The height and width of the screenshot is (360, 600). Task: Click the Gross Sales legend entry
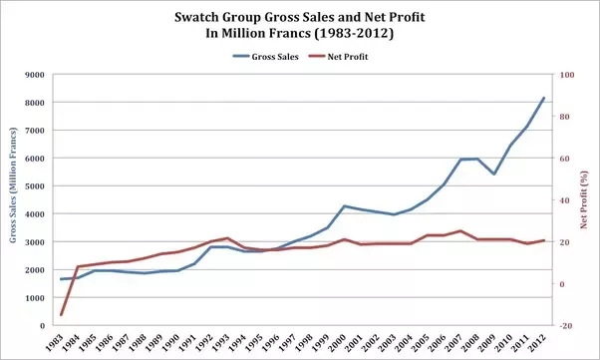tap(257, 58)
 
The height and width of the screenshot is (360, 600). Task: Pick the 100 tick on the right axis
tap(566, 75)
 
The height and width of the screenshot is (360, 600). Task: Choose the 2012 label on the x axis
tap(541, 343)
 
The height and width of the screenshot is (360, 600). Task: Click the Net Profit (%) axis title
tap(586, 199)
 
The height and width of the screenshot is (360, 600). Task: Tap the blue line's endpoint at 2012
tap(543, 98)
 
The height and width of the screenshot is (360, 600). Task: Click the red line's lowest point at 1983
tap(62, 315)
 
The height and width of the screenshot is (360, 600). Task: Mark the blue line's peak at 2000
tap(344, 206)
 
